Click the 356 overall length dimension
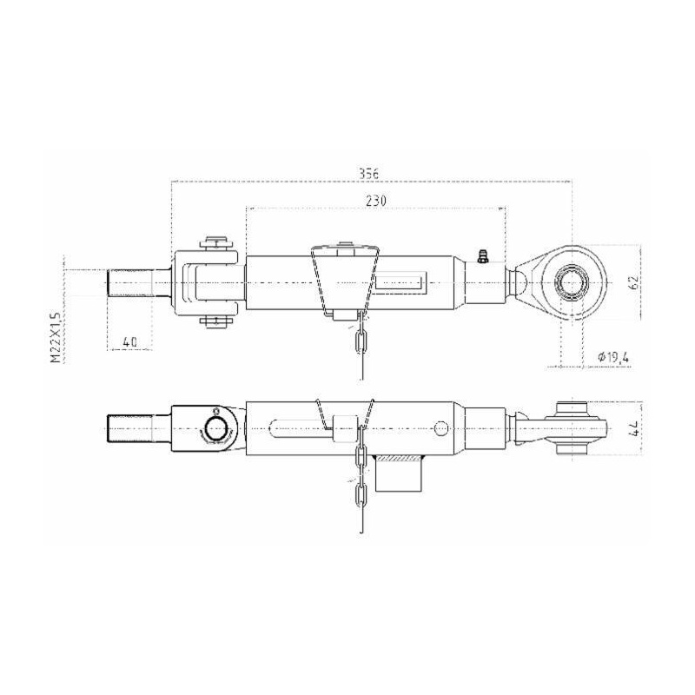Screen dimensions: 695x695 [x=369, y=173]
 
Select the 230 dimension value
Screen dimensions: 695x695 [x=375, y=200]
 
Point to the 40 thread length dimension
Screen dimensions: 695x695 [x=129, y=341]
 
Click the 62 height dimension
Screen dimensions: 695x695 [x=633, y=282]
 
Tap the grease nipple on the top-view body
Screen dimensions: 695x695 [x=482, y=255]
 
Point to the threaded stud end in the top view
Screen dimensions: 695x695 [x=130, y=283]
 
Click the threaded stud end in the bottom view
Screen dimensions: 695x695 [x=130, y=428]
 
